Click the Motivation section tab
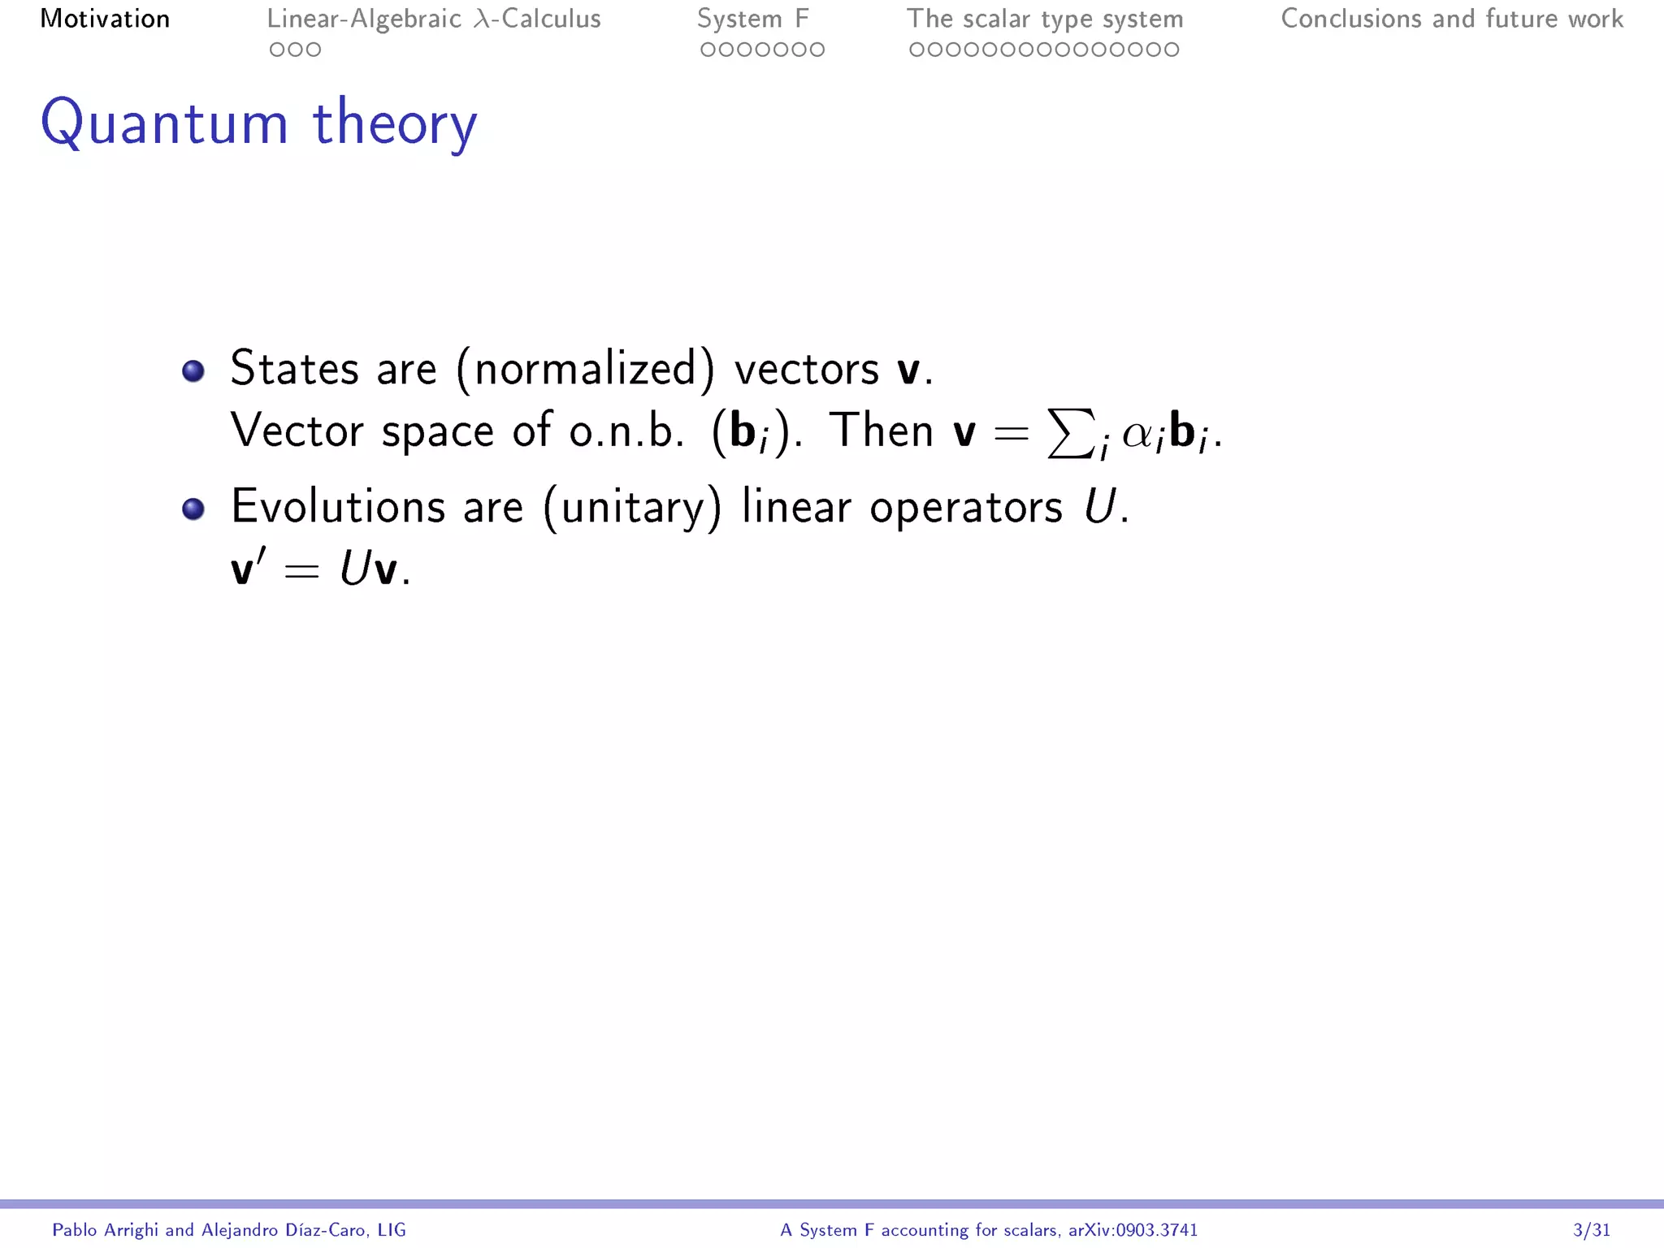[x=105, y=19]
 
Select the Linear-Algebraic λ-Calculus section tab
[x=434, y=19]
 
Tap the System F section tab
[x=753, y=19]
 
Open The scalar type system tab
[x=1045, y=19]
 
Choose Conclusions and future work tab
[x=1452, y=19]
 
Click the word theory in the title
[x=395, y=123]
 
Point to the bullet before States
[x=193, y=371]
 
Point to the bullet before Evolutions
[x=193, y=509]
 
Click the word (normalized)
[x=586, y=370]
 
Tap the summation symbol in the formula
[x=1069, y=433]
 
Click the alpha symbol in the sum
[x=1139, y=435]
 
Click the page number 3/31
[x=1591, y=1230]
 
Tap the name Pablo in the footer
[x=74, y=1230]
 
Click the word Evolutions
[x=338, y=507]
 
